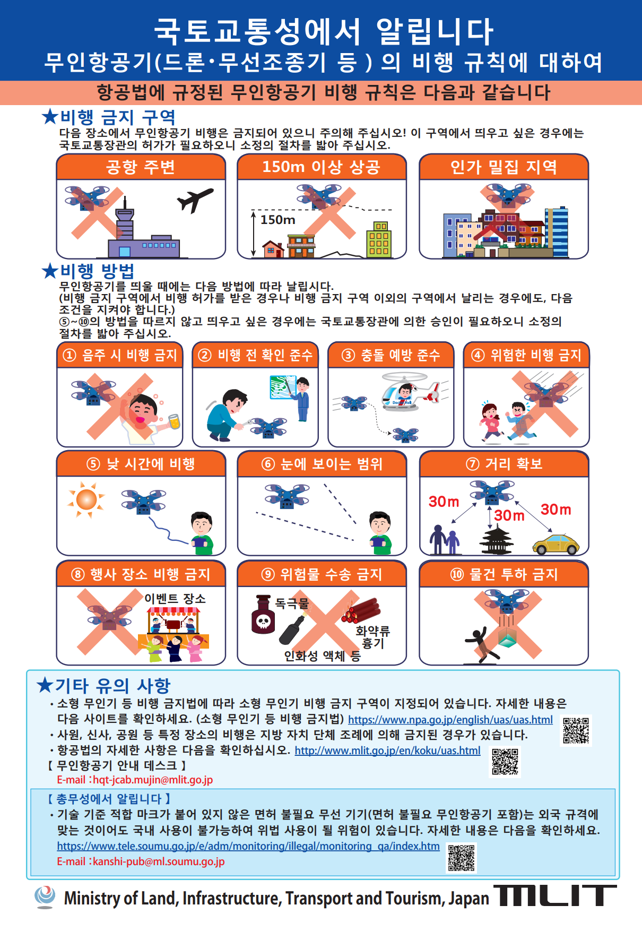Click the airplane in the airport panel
(195, 200)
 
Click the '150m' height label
(278, 220)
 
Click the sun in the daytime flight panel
(86, 499)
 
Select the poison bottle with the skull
(263, 615)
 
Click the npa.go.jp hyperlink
(450, 720)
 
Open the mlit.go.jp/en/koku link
(387, 751)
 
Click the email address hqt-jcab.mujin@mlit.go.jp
(153, 780)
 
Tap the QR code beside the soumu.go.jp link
(462, 858)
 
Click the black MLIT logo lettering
(555, 895)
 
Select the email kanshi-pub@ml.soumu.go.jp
(159, 861)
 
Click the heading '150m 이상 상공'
(322, 167)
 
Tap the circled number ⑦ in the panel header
(473, 464)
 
